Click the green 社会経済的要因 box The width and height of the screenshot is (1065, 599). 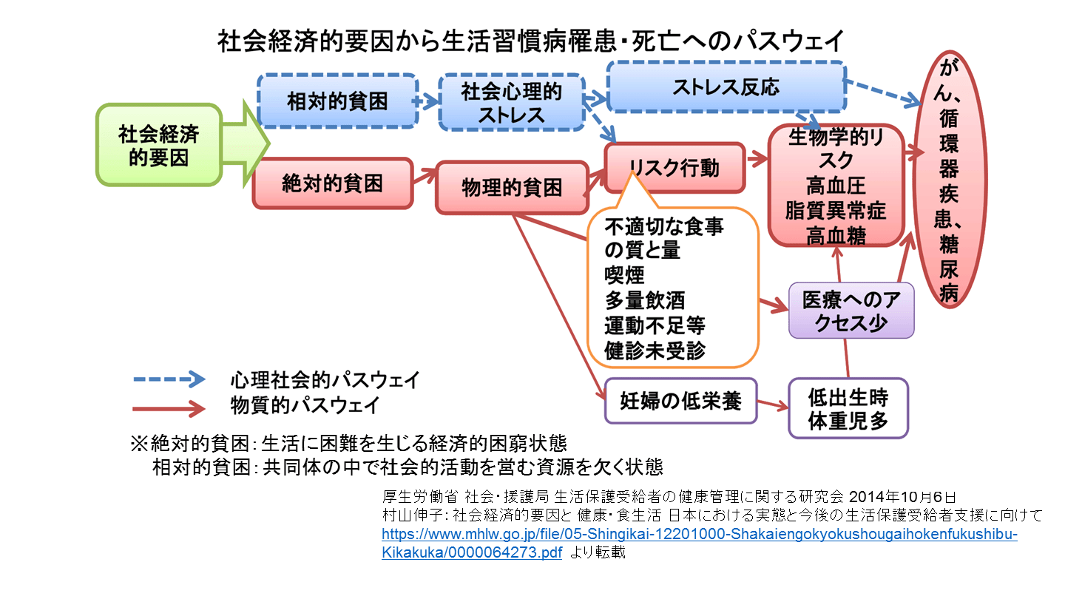tap(158, 145)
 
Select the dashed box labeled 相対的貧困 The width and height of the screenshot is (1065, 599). tap(337, 101)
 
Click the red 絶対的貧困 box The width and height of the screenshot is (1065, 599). tap(332, 183)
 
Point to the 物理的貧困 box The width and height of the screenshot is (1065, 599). tap(511, 187)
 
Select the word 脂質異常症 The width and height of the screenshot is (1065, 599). tap(836, 210)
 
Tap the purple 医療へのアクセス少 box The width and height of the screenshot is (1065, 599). tap(851, 311)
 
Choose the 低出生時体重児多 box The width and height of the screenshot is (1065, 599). tap(848, 408)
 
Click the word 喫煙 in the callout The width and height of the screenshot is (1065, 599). tap(624, 275)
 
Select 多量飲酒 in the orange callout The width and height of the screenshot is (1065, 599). tap(644, 300)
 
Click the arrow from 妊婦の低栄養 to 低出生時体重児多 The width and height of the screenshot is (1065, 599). tap(772, 405)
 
